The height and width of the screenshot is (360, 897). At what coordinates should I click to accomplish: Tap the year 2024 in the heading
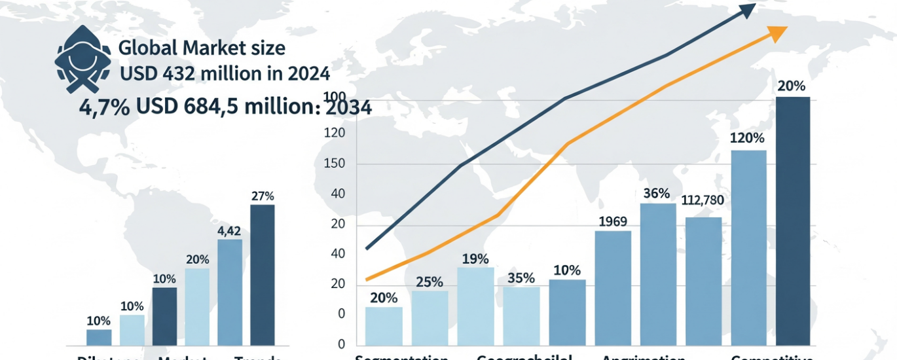coord(308,73)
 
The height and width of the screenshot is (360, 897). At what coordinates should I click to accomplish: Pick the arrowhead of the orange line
coord(778,33)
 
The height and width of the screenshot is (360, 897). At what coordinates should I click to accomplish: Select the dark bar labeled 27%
coord(263,275)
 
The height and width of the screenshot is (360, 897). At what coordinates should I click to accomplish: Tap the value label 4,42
coord(230,230)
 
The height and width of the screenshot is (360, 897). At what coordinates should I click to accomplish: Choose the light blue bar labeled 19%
coord(476,306)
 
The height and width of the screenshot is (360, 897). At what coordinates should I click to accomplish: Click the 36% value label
coord(657,194)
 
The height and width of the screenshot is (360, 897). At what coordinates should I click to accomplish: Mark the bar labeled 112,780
coord(703,281)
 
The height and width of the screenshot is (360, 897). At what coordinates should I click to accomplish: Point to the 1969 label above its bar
coord(613,221)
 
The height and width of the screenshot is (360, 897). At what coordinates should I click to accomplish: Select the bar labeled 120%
coord(748,247)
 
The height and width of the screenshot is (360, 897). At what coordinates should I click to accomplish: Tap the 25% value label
coord(430,282)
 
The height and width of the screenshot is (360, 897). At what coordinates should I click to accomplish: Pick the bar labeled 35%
coord(521,315)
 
